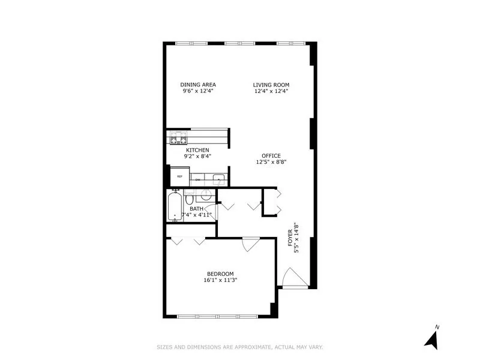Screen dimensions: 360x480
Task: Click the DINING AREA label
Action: coord(198,85)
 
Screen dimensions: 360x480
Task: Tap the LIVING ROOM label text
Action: coord(271,85)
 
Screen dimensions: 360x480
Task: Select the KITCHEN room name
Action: coord(197,149)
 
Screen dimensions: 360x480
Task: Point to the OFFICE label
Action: coord(271,156)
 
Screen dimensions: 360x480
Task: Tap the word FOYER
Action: coord(290,238)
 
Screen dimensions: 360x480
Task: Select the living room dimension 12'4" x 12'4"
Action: coord(271,91)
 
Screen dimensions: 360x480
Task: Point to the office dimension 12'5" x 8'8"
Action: coord(271,163)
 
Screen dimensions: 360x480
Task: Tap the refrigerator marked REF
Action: coord(179,177)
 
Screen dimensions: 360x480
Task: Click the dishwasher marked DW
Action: coord(198,179)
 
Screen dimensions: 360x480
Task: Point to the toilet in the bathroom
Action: coord(189,199)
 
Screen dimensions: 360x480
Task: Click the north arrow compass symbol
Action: coord(431,337)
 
